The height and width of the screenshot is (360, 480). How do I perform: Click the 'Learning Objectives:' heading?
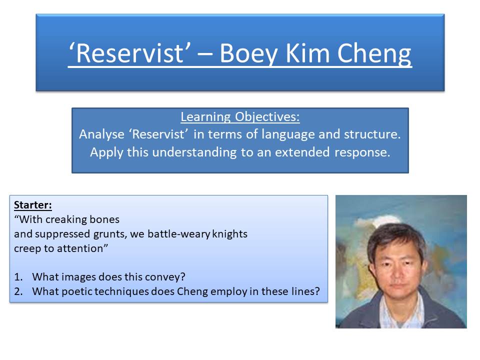click(x=240, y=117)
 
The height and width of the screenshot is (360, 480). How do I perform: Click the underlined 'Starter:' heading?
click(x=33, y=205)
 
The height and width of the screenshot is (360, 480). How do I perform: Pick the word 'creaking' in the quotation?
click(x=77, y=219)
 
